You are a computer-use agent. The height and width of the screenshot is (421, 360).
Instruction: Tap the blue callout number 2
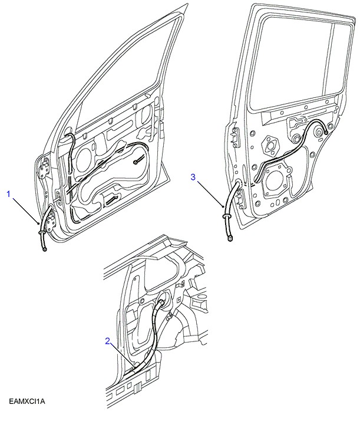[108, 341]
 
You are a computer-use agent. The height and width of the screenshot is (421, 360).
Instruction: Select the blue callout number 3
[194, 176]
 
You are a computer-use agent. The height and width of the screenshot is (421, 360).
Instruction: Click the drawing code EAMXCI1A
[27, 402]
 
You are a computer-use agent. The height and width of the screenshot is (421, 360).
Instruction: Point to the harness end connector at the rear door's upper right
[326, 133]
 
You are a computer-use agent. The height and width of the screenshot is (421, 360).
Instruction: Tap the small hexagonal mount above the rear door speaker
[272, 143]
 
